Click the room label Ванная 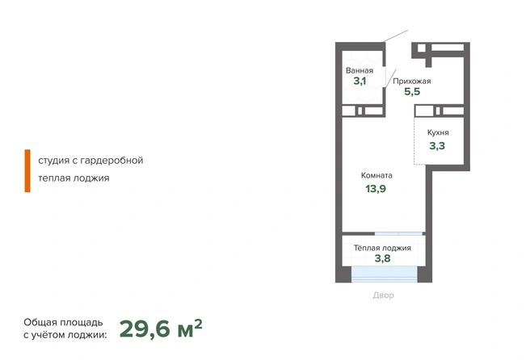click(x=360, y=70)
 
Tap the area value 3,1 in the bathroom click(x=360, y=81)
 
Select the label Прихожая click(x=412, y=82)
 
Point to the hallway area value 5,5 click(x=412, y=91)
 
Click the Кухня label click(x=438, y=132)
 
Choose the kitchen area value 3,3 click(x=437, y=146)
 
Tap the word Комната click(x=376, y=175)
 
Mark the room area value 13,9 click(x=376, y=189)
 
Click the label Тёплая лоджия click(x=382, y=248)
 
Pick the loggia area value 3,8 click(x=383, y=258)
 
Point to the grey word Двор click(x=383, y=295)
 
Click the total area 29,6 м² click(x=161, y=329)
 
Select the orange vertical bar click(x=27, y=171)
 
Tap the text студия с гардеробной click(x=90, y=161)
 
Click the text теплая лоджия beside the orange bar click(x=74, y=178)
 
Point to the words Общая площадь click(x=63, y=323)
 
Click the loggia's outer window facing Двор click(x=385, y=274)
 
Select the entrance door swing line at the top click(x=395, y=36)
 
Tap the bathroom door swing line click(x=391, y=78)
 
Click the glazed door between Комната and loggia click(x=398, y=234)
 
